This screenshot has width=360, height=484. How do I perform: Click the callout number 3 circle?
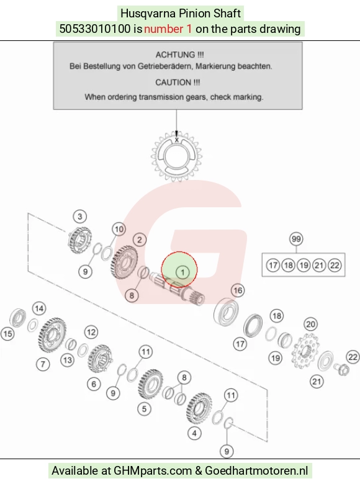point(80,217)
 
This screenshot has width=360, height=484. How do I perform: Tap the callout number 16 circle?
point(238,290)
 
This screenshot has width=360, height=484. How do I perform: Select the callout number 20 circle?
point(310,324)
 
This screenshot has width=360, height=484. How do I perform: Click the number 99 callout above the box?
point(296,239)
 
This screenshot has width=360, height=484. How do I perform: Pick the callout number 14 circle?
point(39,308)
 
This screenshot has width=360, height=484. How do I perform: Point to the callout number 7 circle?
point(43,364)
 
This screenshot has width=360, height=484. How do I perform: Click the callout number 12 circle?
point(91,332)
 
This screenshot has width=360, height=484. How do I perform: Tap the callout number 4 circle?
point(194,433)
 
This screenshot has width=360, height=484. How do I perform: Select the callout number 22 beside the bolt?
point(353,357)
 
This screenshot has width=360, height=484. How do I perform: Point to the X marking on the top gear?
point(177,140)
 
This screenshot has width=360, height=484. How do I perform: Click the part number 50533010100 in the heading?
point(95,29)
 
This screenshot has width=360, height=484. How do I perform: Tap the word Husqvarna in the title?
point(144,14)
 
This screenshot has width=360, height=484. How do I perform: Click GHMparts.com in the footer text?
point(153,471)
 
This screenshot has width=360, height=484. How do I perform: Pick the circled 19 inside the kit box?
point(304,266)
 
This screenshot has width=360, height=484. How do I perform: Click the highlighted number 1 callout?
point(182,272)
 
